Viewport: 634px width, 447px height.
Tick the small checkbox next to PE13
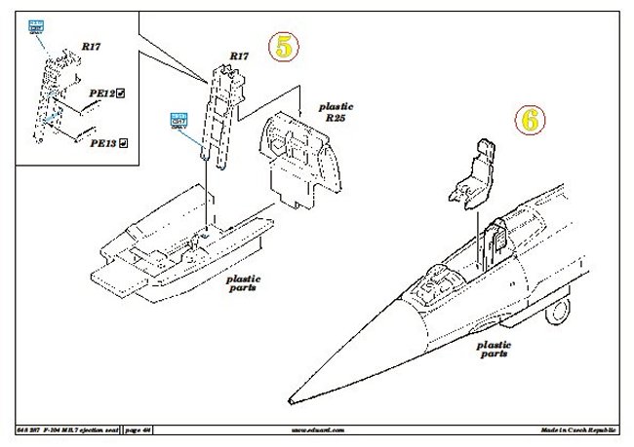pyautogui.click(x=124, y=142)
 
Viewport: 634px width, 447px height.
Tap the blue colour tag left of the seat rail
pyautogui.click(x=178, y=120)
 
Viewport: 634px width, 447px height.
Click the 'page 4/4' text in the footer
pyautogui.click(x=139, y=428)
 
